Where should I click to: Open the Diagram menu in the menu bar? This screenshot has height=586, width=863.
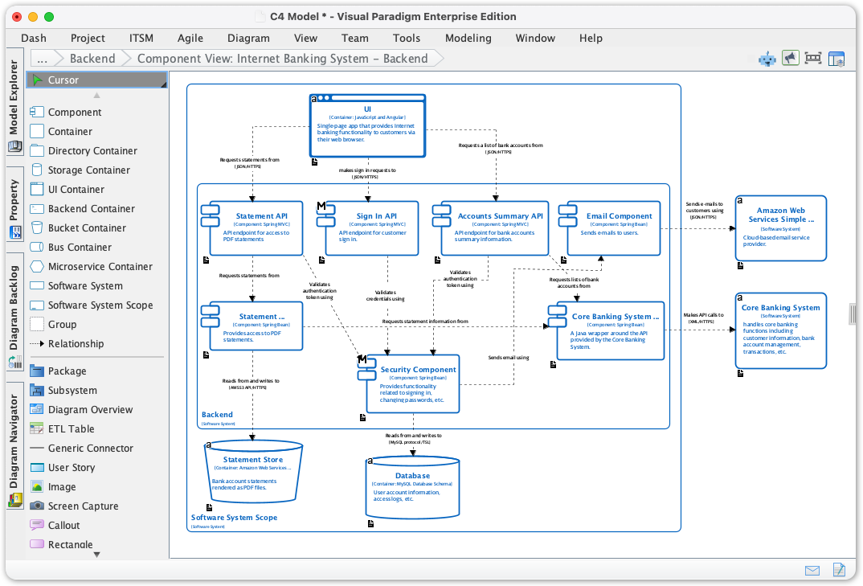248,38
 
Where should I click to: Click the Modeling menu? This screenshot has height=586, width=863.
468,38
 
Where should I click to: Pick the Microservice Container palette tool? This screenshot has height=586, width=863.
100,267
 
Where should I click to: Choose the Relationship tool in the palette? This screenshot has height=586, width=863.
76,344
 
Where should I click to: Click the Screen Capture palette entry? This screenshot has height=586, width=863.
83,506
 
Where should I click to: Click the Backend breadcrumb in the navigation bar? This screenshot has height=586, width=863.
92,59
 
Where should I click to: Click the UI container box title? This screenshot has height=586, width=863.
367,109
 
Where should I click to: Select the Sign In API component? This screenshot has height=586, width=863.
377,216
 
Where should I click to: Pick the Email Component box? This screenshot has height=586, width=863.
619,216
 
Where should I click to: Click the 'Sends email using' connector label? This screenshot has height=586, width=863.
508,357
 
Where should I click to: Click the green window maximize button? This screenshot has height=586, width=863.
49,17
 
